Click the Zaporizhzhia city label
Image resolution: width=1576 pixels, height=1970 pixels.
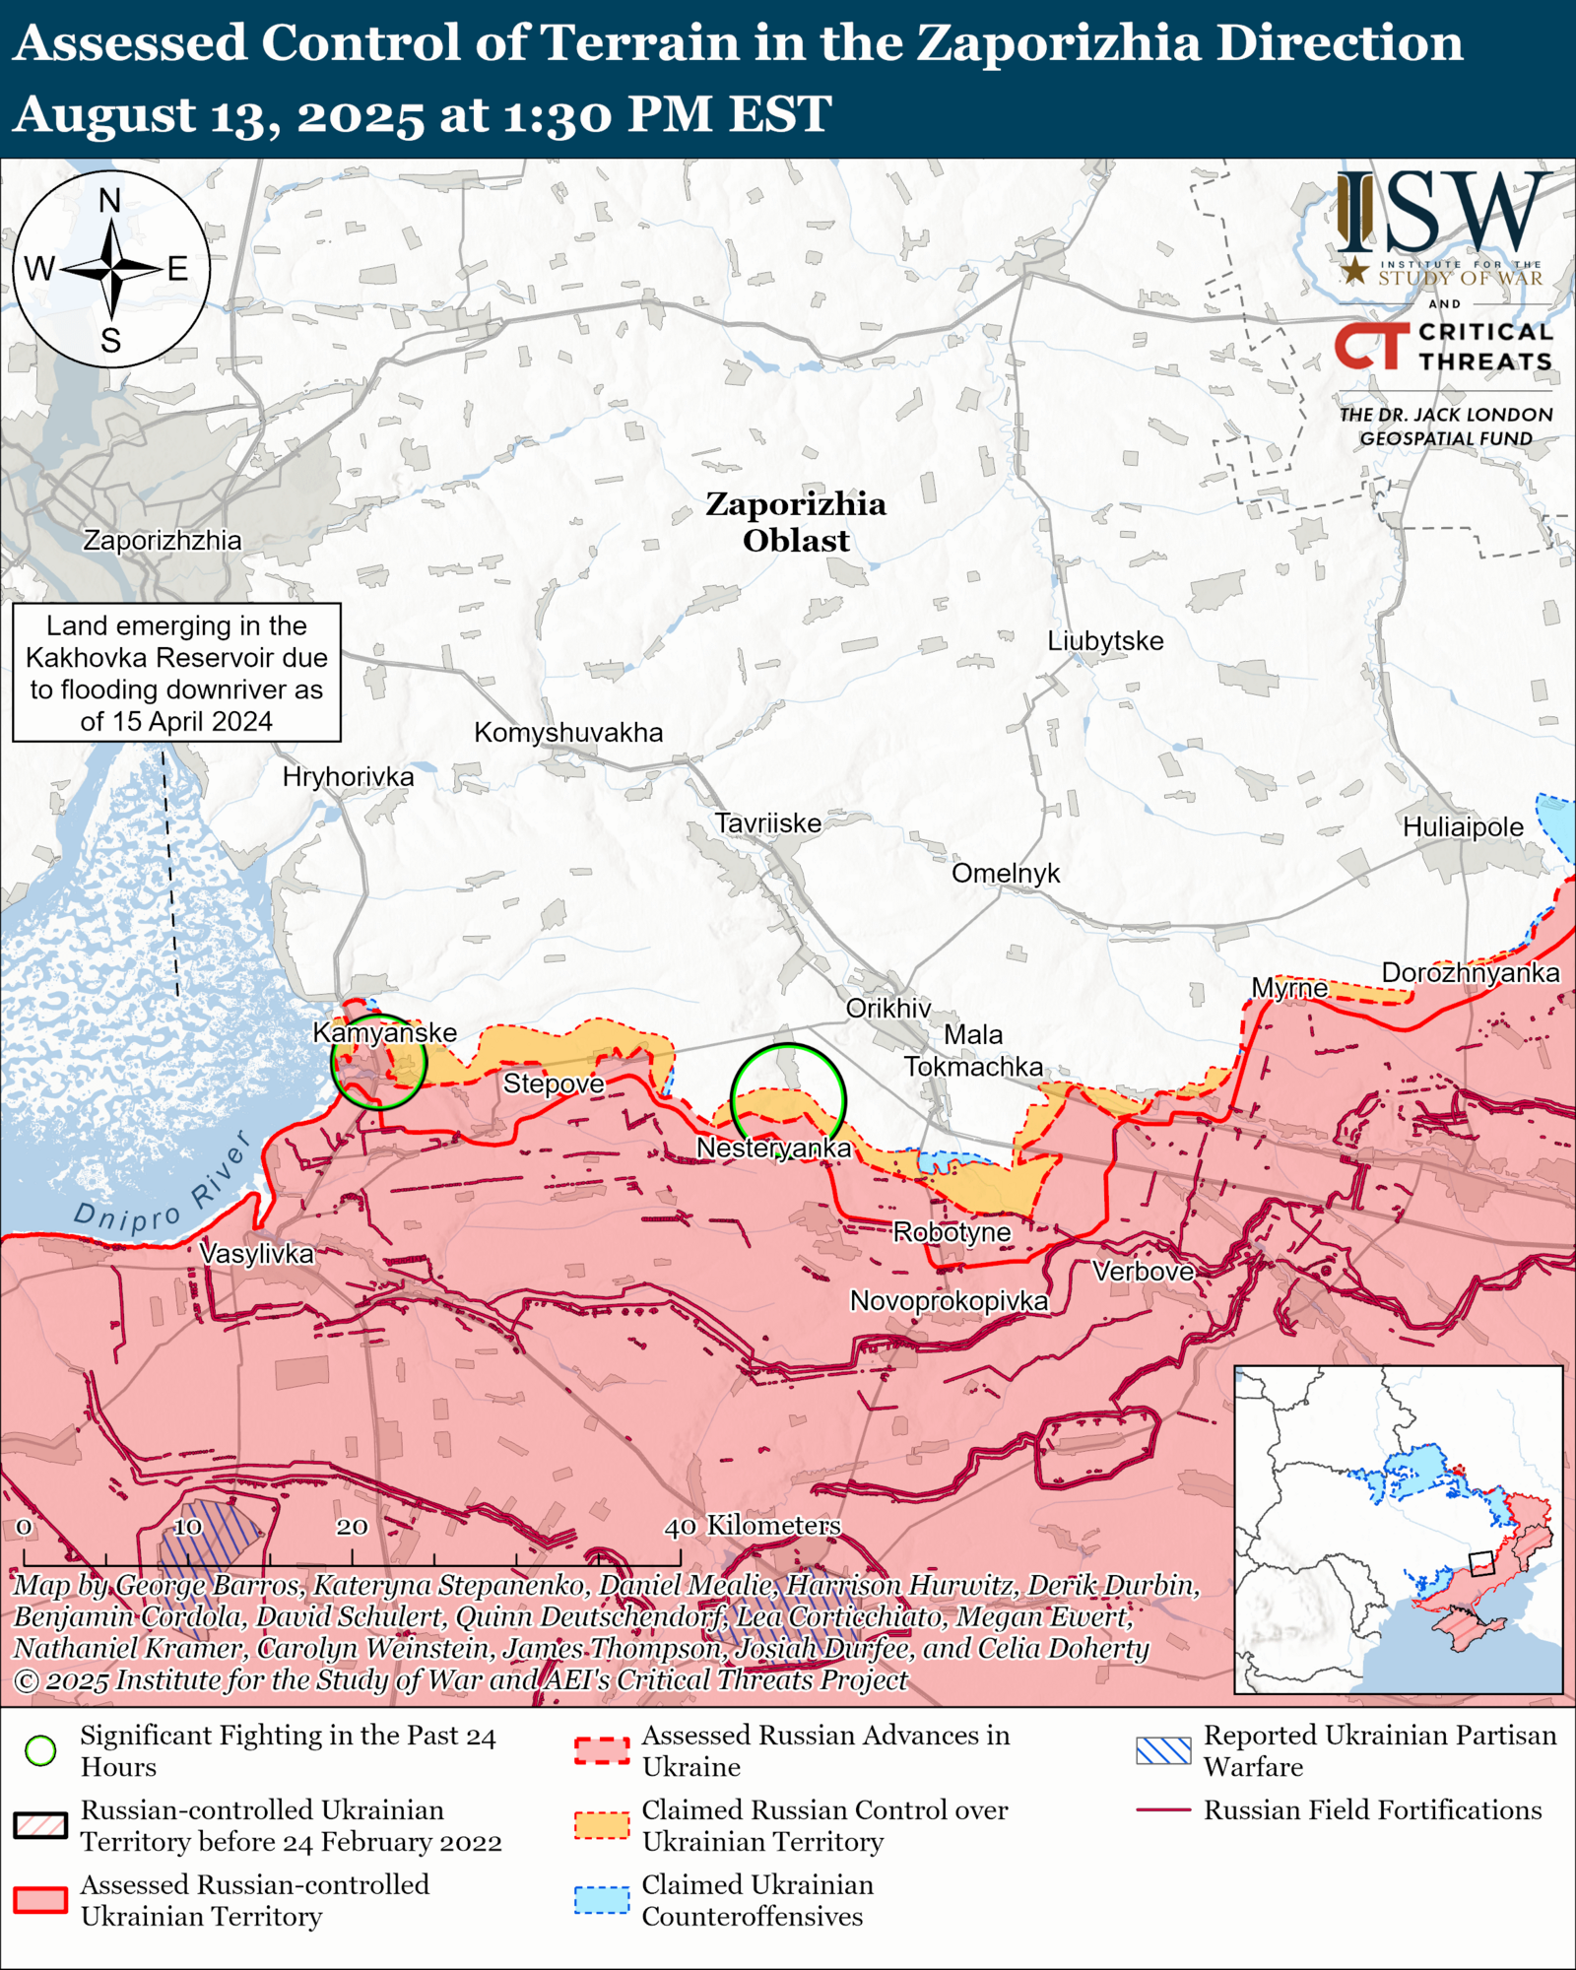(162, 540)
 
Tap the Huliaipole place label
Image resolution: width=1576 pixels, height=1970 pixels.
(1462, 827)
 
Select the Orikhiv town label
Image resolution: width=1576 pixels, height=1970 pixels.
(887, 1008)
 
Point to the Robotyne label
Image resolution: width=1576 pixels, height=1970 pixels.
(951, 1232)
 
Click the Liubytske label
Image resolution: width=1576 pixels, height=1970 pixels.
(1104, 641)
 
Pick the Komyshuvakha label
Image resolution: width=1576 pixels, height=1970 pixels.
(568, 733)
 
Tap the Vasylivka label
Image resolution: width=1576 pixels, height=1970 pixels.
(256, 1254)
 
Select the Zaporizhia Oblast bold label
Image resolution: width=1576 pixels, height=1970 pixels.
(795, 522)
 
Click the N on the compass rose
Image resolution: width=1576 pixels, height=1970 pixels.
(110, 201)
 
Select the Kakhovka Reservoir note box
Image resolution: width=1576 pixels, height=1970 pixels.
(176, 673)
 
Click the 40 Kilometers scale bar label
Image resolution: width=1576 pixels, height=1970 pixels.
(754, 1526)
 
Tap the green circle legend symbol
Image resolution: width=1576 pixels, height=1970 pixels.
(41, 1750)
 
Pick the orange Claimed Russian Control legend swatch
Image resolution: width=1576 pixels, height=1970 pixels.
(601, 1825)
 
